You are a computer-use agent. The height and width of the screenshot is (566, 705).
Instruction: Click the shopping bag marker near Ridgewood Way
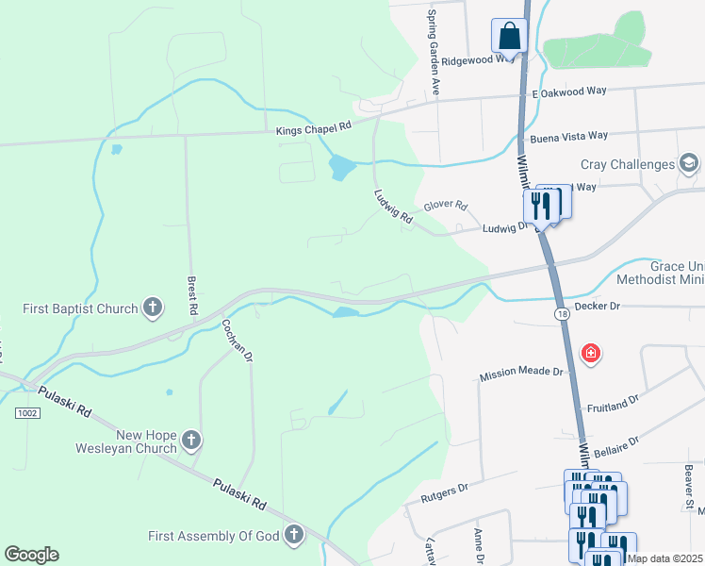tap(509, 37)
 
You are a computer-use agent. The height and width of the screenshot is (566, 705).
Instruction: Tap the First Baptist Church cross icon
tap(153, 307)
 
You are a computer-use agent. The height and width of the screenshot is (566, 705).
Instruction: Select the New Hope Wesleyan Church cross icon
tap(190, 441)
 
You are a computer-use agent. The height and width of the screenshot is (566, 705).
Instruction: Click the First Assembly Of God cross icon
tap(293, 536)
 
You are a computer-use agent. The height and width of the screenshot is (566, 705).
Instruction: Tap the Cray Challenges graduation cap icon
tap(689, 164)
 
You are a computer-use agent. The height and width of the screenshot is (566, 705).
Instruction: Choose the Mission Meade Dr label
tap(521, 373)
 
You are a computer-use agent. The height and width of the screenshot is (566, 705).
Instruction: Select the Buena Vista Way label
tap(568, 138)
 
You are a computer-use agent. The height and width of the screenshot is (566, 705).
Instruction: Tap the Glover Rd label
tap(446, 205)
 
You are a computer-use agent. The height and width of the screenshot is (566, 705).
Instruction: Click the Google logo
tap(31, 555)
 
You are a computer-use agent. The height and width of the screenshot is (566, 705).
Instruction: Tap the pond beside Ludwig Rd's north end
tap(342, 168)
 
